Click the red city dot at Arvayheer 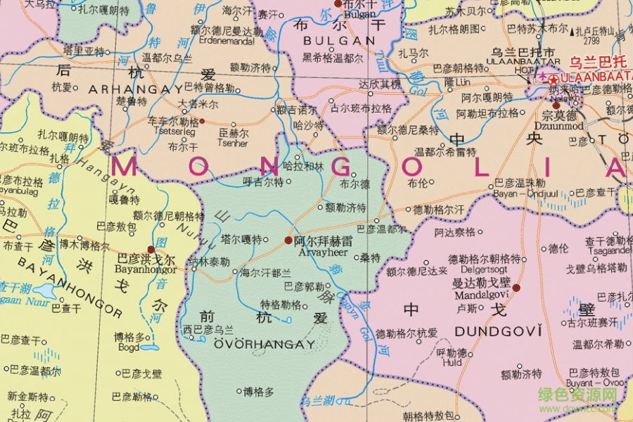coord(288,240)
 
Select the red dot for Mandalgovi coord(516,287)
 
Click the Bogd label coord(130,347)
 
